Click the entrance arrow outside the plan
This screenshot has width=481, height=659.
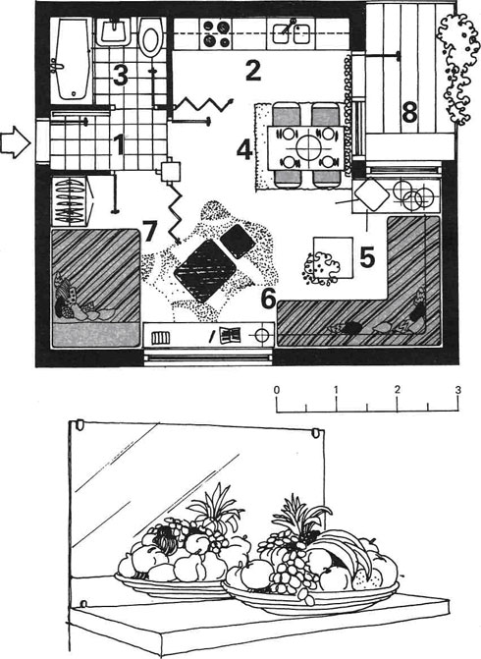click(x=15, y=142)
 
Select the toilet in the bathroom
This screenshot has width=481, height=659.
click(x=151, y=36)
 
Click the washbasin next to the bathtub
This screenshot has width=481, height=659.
click(x=114, y=31)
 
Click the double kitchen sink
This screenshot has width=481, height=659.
click(x=292, y=32)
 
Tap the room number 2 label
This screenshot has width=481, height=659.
click(x=253, y=71)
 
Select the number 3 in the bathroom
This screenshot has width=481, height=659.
click(x=120, y=76)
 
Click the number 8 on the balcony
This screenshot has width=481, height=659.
click(x=410, y=112)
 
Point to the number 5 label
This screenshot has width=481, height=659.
click(x=367, y=257)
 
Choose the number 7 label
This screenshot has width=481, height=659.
click(x=149, y=231)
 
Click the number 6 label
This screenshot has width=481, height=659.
click(x=268, y=298)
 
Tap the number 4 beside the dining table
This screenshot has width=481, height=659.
click(x=244, y=150)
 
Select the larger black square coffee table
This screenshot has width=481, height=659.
click(x=204, y=271)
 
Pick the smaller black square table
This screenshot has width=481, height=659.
click(x=238, y=242)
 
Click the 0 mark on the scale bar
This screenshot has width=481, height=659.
click(x=277, y=390)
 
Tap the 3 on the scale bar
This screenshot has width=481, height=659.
click(x=457, y=390)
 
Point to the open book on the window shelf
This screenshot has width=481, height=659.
click(x=231, y=335)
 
